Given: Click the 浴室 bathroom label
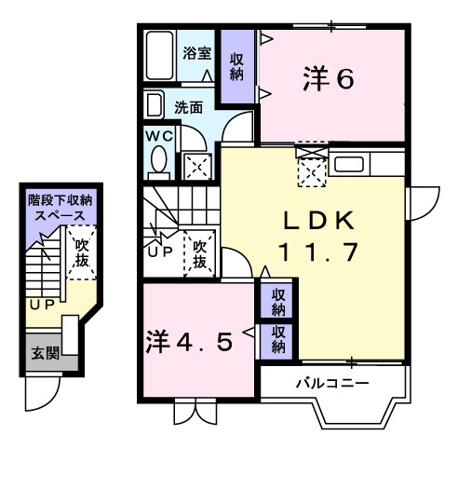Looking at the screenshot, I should click(x=195, y=52).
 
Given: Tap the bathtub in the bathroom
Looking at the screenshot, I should click(x=159, y=58).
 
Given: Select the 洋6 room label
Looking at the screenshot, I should click(x=328, y=80).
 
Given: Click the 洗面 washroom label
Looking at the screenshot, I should click(x=189, y=107).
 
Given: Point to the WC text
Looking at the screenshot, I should click(x=159, y=135).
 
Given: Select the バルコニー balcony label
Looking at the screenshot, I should click(x=332, y=383).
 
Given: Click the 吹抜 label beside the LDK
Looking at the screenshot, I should click(x=199, y=254).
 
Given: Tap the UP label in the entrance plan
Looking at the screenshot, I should click(x=39, y=305).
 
